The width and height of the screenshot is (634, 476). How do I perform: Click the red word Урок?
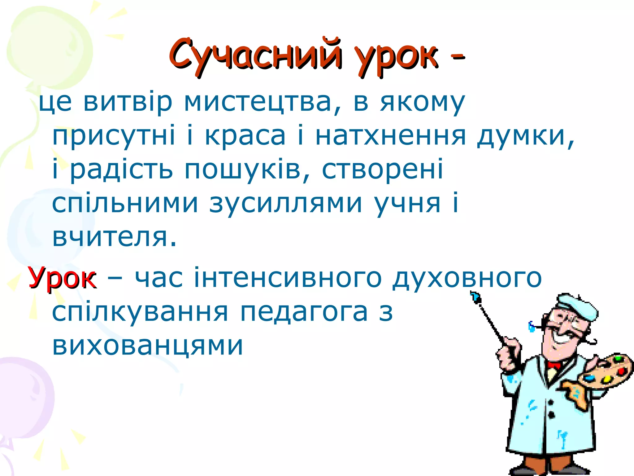tap(62, 278)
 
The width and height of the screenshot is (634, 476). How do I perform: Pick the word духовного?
tap(467, 278)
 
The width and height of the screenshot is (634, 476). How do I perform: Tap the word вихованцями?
tap(147, 345)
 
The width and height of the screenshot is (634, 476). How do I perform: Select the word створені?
tap(383, 170)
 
